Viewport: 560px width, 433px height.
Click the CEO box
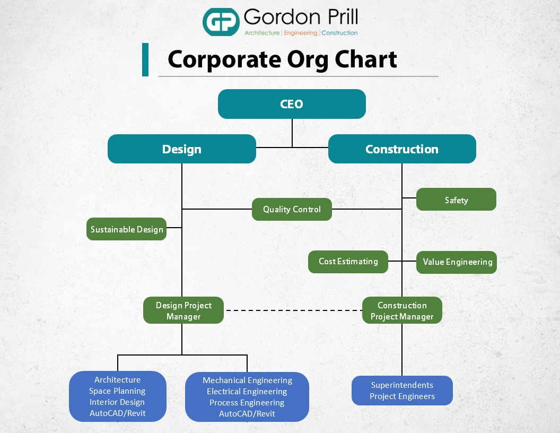coord(292,104)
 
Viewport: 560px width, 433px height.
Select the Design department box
coord(182,149)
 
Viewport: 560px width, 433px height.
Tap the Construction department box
coord(402,149)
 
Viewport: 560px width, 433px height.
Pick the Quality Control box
coord(292,210)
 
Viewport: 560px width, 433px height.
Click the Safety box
coord(456,200)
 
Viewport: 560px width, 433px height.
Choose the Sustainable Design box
coord(127,229)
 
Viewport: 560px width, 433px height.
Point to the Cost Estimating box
coord(348,262)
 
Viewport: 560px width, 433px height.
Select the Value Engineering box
coord(457,262)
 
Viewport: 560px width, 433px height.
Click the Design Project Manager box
coord(183,311)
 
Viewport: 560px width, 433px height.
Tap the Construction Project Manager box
coord(402,311)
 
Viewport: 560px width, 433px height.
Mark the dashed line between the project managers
coord(293,310)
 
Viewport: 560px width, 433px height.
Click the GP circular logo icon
coord(221,22)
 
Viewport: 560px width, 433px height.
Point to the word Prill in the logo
coord(338,18)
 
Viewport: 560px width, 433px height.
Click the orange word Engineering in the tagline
coord(300,33)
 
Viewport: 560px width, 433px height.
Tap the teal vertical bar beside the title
coord(145,60)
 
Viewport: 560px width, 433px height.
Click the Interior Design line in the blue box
coord(117,402)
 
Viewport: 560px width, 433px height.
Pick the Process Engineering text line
coord(247,403)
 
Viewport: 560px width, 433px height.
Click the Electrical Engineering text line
coord(247,392)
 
